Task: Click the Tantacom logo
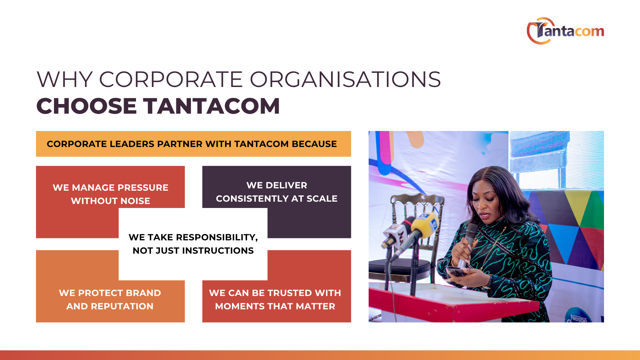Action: tap(565, 31)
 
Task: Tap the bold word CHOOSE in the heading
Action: tap(87, 106)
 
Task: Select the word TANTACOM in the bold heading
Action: tap(212, 106)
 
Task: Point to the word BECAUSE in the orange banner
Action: tap(314, 144)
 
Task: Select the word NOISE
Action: tap(135, 201)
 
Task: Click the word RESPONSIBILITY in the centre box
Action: tap(217, 237)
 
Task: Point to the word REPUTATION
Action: tap(122, 306)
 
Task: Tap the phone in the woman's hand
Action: tap(456, 271)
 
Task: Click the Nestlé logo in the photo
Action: tap(579, 317)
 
